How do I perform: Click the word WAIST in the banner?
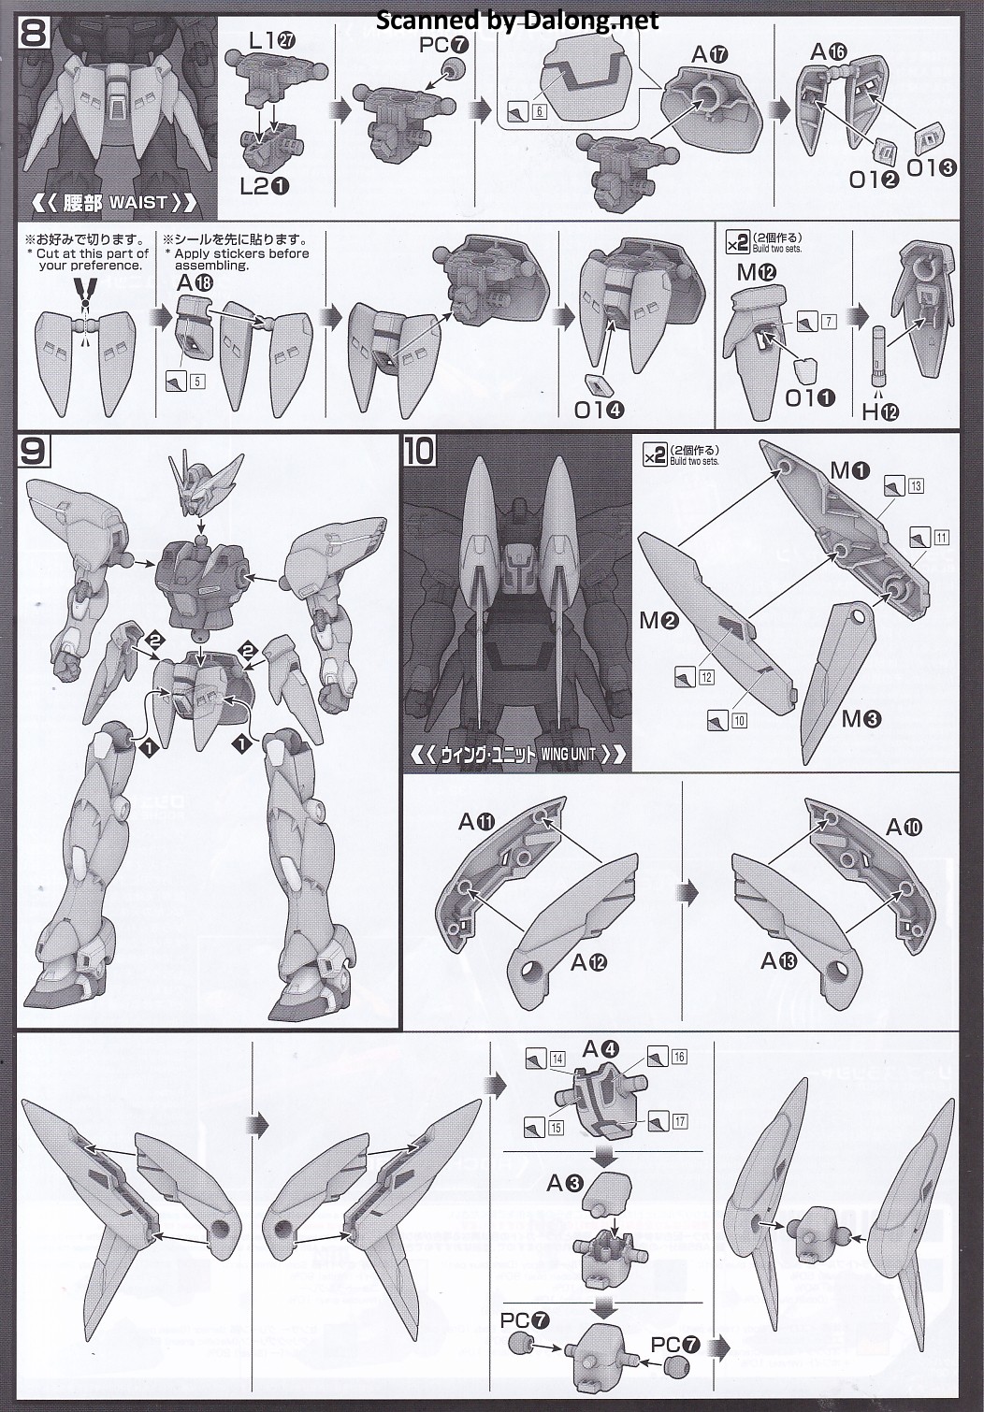click(138, 202)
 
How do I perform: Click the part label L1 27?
click(267, 40)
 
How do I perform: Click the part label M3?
click(861, 719)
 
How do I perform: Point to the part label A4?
click(601, 1049)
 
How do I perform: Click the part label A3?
click(565, 1184)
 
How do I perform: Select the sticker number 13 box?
click(915, 485)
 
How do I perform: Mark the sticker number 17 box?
click(679, 1121)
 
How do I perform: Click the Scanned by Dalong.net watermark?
click(517, 20)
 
